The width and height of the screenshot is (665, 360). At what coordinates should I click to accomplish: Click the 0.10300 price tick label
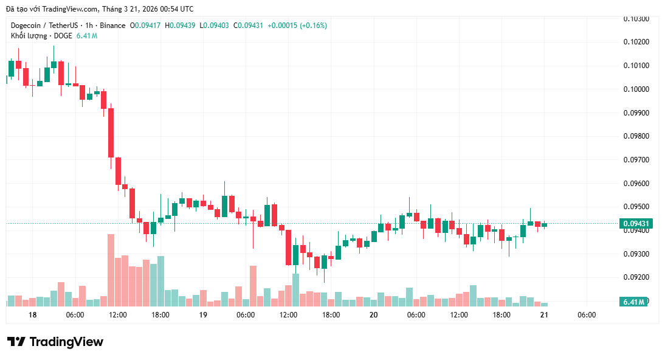click(x=636, y=19)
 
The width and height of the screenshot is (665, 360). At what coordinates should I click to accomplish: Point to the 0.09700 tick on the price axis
click(x=636, y=160)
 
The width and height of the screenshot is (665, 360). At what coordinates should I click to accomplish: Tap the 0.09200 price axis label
click(x=636, y=277)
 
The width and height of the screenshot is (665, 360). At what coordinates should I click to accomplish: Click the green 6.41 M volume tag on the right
click(x=633, y=302)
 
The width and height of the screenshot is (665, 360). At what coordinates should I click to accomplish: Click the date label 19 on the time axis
click(x=203, y=315)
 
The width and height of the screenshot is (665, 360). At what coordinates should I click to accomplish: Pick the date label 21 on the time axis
click(x=544, y=315)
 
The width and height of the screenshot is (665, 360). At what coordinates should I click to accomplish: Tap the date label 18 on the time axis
click(x=32, y=315)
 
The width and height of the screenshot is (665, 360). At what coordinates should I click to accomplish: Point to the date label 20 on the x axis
click(x=373, y=315)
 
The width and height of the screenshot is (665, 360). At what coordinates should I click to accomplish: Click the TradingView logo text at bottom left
click(x=55, y=342)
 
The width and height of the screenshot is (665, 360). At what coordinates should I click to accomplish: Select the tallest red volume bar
click(x=111, y=270)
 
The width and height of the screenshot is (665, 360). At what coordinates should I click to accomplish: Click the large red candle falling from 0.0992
click(x=111, y=133)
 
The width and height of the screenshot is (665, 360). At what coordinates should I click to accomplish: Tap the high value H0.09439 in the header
click(x=180, y=26)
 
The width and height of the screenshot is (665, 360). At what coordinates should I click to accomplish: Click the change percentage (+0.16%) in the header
click(x=312, y=26)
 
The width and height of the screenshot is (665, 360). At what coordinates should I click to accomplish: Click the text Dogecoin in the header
click(x=27, y=26)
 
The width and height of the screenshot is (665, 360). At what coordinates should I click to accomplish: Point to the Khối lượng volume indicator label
click(x=30, y=36)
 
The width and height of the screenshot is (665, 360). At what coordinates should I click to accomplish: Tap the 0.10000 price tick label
click(x=636, y=89)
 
